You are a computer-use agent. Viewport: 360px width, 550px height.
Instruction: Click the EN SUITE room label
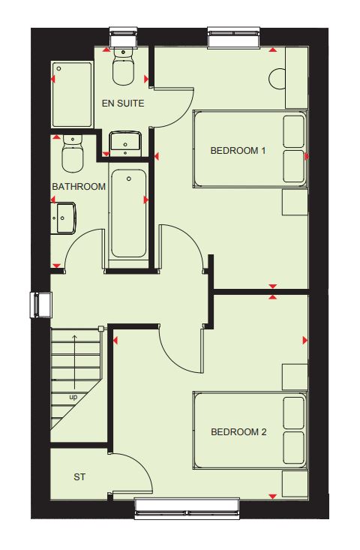coord(123,104)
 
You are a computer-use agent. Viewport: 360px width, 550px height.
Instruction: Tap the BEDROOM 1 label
coord(238,151)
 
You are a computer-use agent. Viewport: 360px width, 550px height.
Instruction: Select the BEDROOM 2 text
coord(238,432)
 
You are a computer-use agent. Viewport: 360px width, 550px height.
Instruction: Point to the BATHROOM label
coord(79,187)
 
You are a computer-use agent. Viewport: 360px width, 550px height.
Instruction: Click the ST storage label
coord(79,477)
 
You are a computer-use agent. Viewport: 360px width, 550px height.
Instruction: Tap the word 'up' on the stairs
coord(73,398)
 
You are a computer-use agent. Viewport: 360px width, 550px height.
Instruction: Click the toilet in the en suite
coord(124,66)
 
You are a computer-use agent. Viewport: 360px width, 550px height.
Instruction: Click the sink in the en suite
coord(125,144)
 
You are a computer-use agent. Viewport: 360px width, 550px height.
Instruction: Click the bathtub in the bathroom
coord(129,215)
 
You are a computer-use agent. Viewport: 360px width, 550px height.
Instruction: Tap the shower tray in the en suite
coord(73,95)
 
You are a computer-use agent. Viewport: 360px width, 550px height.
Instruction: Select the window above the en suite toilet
coord(124,38)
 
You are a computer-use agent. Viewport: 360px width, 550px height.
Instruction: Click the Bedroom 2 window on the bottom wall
coord(187,508)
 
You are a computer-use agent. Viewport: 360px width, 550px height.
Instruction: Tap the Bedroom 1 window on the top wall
coord(234,38)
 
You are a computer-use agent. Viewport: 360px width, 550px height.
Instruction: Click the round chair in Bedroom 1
coord(277,79)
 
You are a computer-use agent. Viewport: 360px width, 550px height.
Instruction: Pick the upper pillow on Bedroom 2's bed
coord(294,413)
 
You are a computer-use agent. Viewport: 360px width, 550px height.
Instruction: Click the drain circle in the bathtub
coord(129,179)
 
